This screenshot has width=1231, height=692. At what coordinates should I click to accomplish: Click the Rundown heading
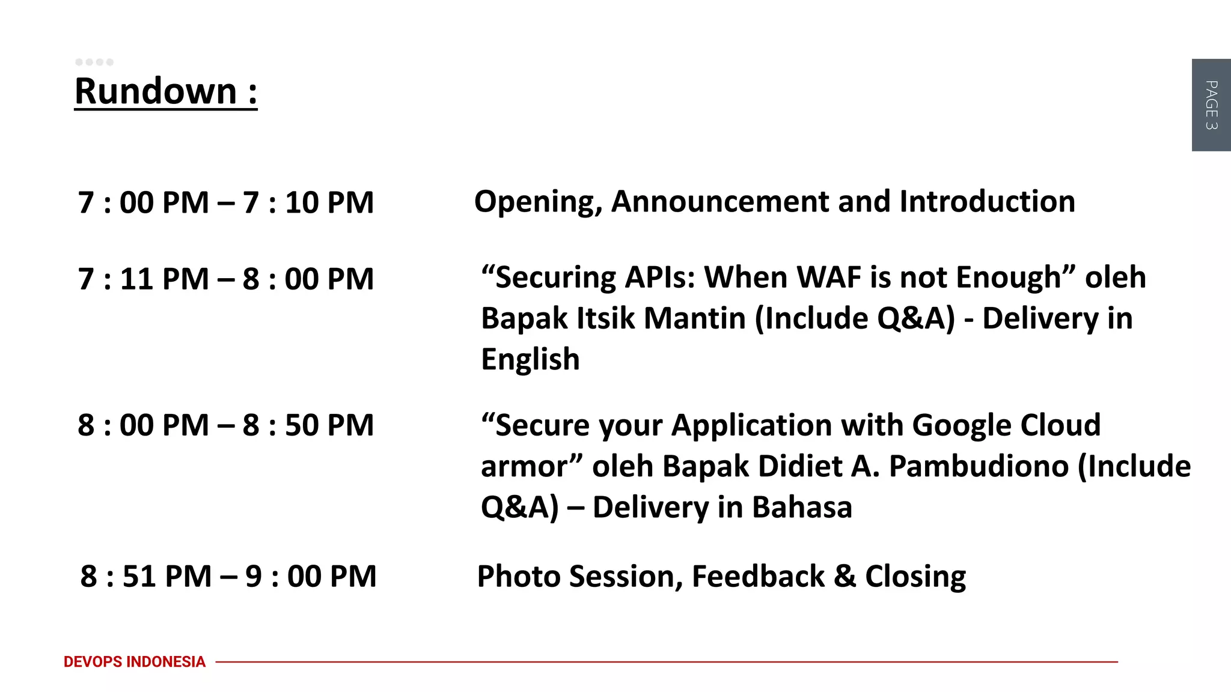pos(165,91)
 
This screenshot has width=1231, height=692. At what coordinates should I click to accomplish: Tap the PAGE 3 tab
pos(1211,105)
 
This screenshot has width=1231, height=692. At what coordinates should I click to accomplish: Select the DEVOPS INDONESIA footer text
pos(134,661)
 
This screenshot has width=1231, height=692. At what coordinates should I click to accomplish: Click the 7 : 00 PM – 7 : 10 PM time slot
pos(225,202)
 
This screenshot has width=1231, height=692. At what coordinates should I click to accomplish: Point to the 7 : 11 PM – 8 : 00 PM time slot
pos(225,279)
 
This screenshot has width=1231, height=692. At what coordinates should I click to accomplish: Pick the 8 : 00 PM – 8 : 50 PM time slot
pos(225,425)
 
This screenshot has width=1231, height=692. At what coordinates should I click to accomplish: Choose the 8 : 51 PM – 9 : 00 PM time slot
pos(228,576)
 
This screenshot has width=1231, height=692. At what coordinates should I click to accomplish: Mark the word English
pos(530,360)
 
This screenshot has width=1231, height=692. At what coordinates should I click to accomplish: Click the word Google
pos(961,425)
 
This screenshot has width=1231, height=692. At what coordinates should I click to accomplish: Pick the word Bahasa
pos(802,507)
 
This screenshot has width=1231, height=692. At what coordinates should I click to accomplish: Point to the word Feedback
pos(758,576)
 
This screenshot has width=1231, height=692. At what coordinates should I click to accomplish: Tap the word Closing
pos(915,577)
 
